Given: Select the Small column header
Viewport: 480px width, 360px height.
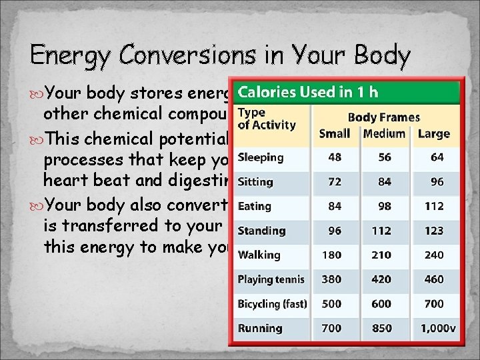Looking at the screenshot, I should pos(335,133).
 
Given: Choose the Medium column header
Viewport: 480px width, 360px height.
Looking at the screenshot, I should pos(384,133).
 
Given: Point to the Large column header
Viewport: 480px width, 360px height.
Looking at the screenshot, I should pos(433,133).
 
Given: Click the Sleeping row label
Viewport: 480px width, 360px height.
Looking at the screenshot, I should pos(261,157).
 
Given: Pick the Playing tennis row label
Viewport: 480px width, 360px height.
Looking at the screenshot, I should pos(271,279).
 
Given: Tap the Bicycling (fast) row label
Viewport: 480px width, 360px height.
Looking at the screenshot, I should pos(272,304).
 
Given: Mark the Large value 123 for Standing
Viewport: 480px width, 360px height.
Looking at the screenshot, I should pos(433,231).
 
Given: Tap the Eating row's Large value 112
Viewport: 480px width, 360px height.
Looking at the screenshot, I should pos(433,207).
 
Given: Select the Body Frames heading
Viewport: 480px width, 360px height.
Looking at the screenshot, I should pos(384,117).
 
